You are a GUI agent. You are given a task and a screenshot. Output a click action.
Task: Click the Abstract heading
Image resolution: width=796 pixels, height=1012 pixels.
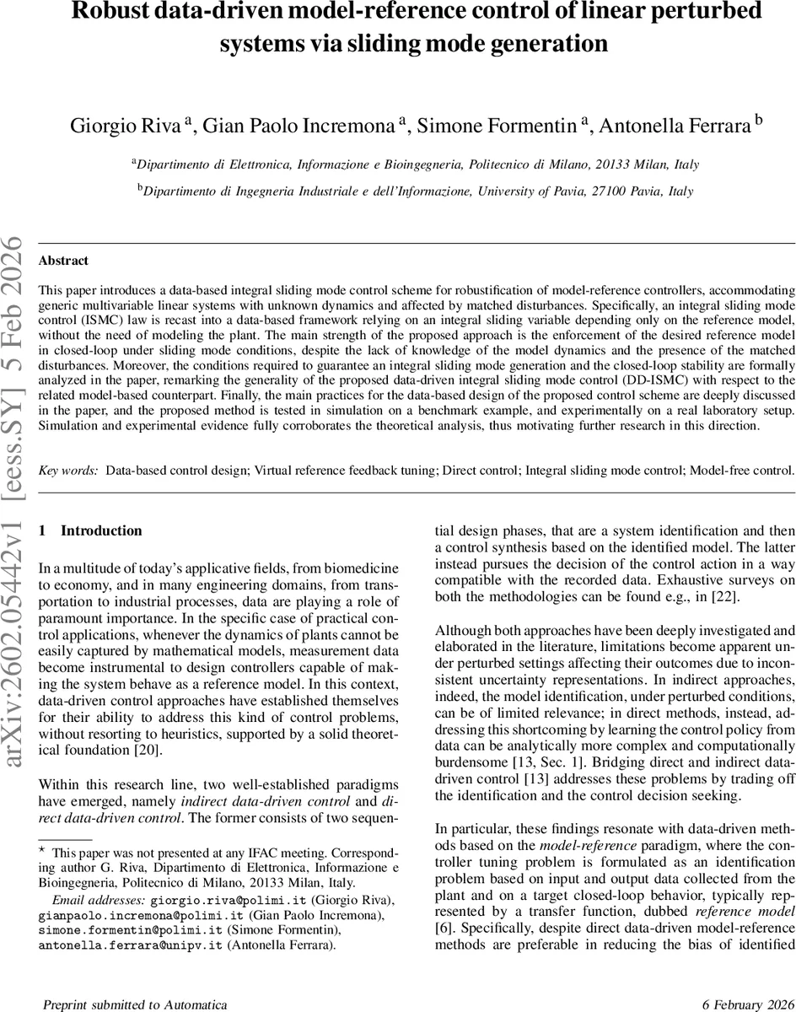click(x=63, y=261)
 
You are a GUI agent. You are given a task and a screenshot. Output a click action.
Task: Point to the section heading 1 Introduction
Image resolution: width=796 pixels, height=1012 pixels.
click(x=91, y=530)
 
